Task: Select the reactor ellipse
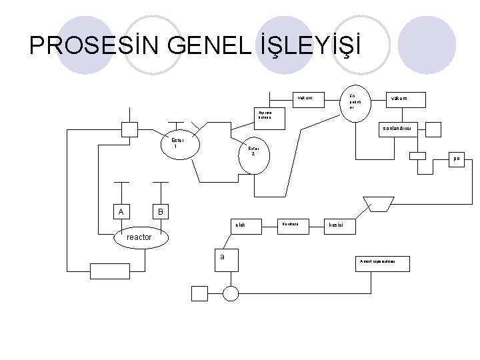(x=139, y=237)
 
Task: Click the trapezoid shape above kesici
(x=378, y=202)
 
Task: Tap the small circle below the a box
(x=231, y=293)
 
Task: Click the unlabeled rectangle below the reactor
(x=111, y=270)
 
